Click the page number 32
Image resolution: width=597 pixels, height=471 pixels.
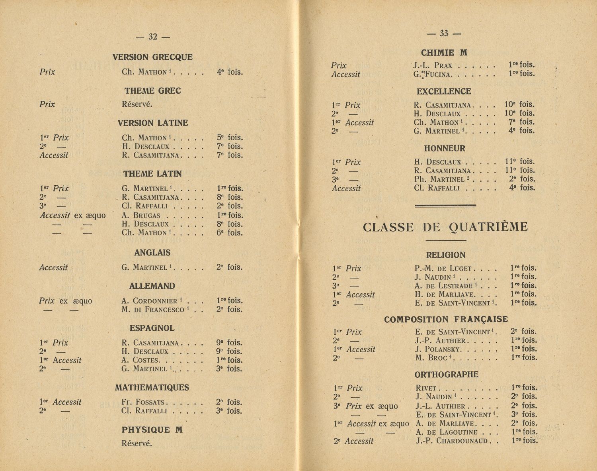153,37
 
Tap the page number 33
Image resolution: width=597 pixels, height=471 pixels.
444,33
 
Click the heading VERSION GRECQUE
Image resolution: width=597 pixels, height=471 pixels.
152,57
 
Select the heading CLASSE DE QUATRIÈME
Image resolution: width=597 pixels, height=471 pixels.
445,227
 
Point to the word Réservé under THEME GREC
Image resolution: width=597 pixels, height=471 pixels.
137,104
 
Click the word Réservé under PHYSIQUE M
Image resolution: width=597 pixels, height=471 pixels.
137,443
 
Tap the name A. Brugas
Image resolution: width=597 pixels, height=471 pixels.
141,215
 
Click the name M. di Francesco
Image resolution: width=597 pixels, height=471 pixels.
153,309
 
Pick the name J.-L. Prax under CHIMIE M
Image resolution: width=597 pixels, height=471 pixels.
433,65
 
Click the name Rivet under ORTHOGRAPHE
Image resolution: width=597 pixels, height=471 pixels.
426,388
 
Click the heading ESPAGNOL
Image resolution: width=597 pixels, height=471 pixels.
152,328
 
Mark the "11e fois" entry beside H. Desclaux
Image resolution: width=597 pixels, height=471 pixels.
519,162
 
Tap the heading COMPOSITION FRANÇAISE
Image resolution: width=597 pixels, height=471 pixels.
446,319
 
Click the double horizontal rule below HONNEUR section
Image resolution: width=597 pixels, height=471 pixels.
445,206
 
